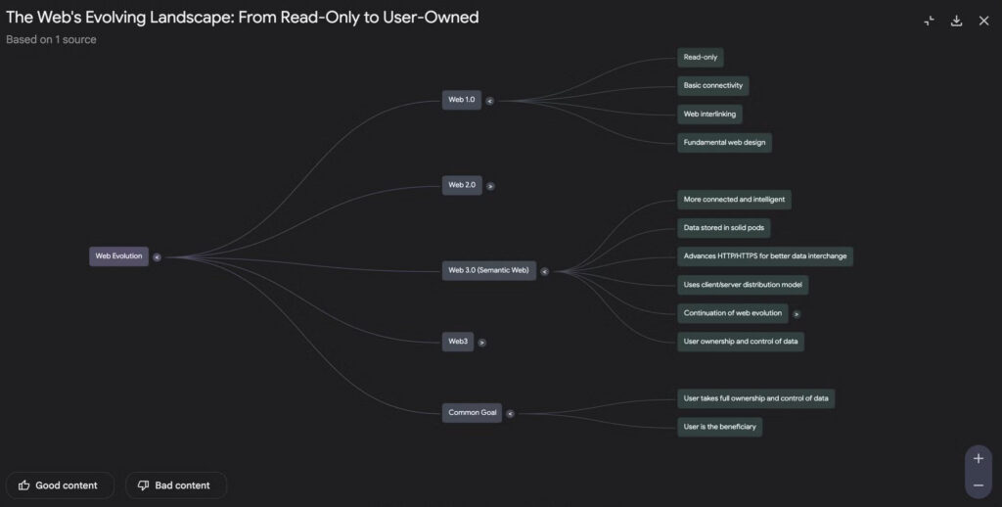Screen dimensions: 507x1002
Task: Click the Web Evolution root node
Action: (118, 256)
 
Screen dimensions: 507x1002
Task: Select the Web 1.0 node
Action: (462, 100)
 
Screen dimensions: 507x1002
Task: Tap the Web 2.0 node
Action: (462, 185)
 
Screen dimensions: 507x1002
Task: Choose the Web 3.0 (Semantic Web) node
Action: (489, 270)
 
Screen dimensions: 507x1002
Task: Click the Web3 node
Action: (458, 342)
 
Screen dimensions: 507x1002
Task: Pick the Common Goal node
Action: (473, 413)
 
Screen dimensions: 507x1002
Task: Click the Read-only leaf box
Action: (701, 58)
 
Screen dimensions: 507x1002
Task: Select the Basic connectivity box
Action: (713, 86)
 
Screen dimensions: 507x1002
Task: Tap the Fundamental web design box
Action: (725, 143)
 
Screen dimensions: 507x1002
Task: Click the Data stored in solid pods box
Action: (724, 228)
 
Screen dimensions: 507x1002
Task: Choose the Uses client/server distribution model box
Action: (744, 285)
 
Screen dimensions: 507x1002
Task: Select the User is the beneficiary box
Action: (720, 427)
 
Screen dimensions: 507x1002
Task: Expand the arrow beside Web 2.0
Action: (490, 186)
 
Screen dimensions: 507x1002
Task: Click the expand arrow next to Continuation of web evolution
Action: (797, 314)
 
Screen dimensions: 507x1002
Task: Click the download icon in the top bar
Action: (956, 21)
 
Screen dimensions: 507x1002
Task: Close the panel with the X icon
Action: (983, 21)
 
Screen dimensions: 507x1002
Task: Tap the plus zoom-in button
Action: (979, 458)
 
